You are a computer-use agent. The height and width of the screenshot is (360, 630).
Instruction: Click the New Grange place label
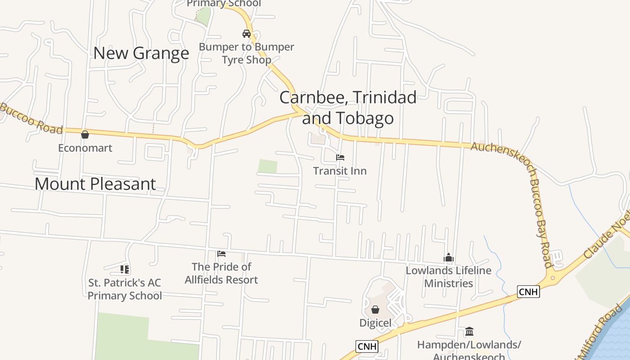141,53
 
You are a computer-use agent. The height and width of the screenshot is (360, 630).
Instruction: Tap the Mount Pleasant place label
95,184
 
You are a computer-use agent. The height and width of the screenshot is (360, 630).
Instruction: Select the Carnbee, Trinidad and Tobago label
348,108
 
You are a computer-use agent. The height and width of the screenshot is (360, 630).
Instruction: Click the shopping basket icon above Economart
85,134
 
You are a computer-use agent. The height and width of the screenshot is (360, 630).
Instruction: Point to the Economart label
85,148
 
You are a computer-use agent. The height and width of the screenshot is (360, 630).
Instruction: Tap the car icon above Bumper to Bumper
246,33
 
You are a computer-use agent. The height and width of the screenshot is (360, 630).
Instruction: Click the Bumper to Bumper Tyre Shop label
247,53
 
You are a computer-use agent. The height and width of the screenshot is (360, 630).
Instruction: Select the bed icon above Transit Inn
340,157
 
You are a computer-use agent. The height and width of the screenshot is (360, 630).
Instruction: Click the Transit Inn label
340,171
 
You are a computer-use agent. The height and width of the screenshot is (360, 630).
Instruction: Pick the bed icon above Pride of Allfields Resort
221,254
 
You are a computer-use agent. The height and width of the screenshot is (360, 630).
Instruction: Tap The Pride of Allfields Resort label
221,273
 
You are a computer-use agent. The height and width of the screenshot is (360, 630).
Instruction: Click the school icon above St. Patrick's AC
125,270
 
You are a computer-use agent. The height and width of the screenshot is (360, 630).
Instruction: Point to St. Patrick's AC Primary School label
125,289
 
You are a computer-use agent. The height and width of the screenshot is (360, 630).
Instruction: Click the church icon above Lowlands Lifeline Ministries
448,257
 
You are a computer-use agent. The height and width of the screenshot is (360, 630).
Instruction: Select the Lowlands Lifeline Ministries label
449,277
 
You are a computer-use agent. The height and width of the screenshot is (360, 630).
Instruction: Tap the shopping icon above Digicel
375,310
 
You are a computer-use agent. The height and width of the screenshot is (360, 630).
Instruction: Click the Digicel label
375,323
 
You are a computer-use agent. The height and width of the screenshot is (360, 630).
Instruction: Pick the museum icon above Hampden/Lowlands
469,332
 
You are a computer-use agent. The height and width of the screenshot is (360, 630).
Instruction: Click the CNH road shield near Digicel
367,346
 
